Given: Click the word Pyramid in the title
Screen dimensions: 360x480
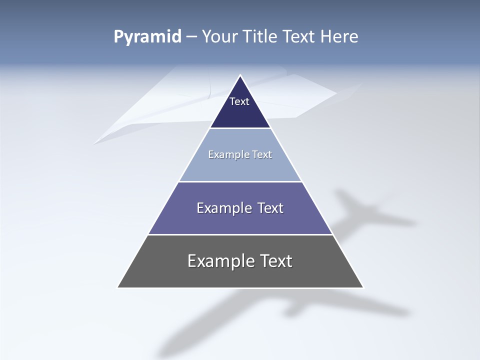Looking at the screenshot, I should pyautogui.click(x=147, y=37).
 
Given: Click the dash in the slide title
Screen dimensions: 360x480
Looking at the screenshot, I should pyautogui.click(x=191, y=37).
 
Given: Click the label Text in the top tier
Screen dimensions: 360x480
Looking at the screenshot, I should pyautogui.click(x=239, y=101).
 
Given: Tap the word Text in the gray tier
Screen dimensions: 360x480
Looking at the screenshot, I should pyautogui.click(x=276, y=261).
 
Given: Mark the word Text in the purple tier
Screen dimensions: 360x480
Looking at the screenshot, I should pyautogui.click(x=270, y=208).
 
